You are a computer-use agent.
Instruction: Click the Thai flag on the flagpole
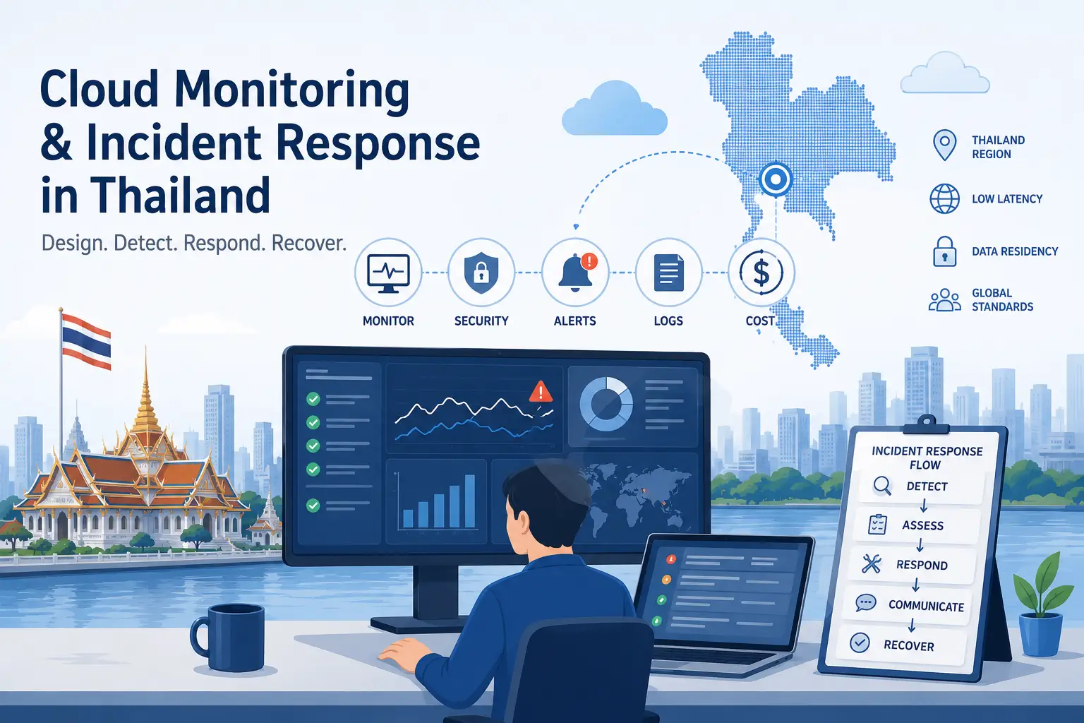click(87, 341)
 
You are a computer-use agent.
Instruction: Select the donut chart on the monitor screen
click(606, 404)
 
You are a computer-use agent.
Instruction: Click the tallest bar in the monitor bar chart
click(469, 501)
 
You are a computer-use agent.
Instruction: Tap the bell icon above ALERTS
click(576, 273)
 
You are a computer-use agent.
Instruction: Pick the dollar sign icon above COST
click(761, 272)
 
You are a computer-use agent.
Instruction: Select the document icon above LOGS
click(669, 273)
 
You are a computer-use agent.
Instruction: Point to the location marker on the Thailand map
click(776, 179)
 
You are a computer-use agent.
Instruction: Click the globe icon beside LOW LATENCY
click(944, 199)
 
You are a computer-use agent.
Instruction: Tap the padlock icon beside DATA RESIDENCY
click(944, 251)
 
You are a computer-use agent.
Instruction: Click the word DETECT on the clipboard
click(927, 486)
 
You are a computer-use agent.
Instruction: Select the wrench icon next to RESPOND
click(871, 563)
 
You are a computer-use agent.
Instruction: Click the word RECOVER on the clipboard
click(909, 645)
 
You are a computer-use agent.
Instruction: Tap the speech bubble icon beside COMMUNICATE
click(866, 603)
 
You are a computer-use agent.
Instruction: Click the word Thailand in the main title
click(180, 194)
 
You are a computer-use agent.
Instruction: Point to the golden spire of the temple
click(145, 388)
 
